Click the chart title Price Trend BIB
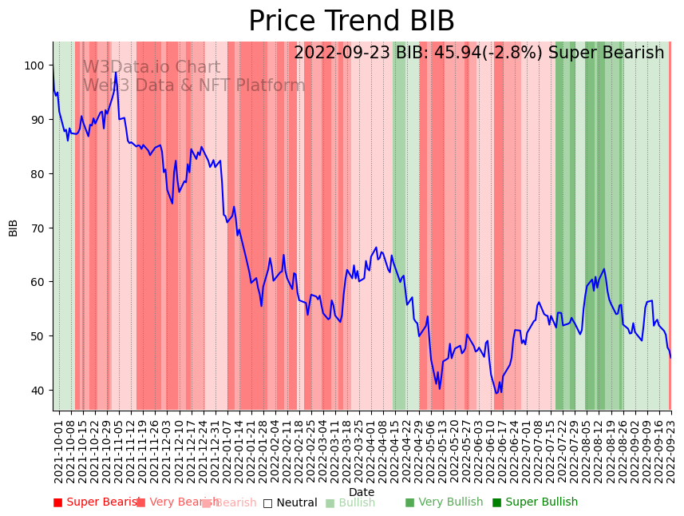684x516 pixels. point(351,22)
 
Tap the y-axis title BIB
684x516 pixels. point(14,227)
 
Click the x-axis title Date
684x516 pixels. point(362,492)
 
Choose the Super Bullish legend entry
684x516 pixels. point(535,502)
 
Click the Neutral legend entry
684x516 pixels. point(291,502)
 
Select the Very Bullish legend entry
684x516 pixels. point(444,502)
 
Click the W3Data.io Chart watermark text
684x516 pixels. point(151,68)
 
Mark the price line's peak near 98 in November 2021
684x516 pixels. point(116,73)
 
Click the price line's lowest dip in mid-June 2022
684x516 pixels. point(496,393)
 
